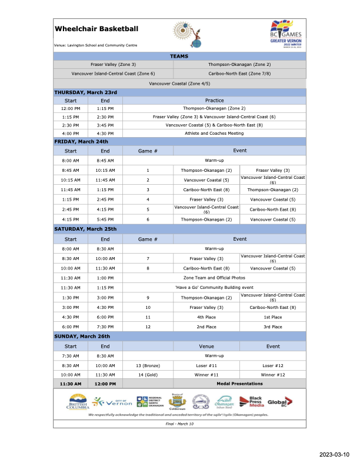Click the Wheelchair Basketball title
pos(96,28)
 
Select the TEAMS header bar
pos(179,56)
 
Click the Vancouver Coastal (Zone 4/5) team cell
pos(179,84)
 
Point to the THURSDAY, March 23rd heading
pos(86,92)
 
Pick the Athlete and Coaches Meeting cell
pos(214,133)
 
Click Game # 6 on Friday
pos(148,219)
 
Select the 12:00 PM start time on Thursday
pos(71,108)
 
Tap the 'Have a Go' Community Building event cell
pos(214,287)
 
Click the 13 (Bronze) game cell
pos(148,365)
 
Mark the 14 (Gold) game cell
pos(148,374)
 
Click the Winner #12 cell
pos(273,374)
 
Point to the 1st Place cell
pos(273,317)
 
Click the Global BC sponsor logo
pos(281,402)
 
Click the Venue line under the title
pos(96,45)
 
